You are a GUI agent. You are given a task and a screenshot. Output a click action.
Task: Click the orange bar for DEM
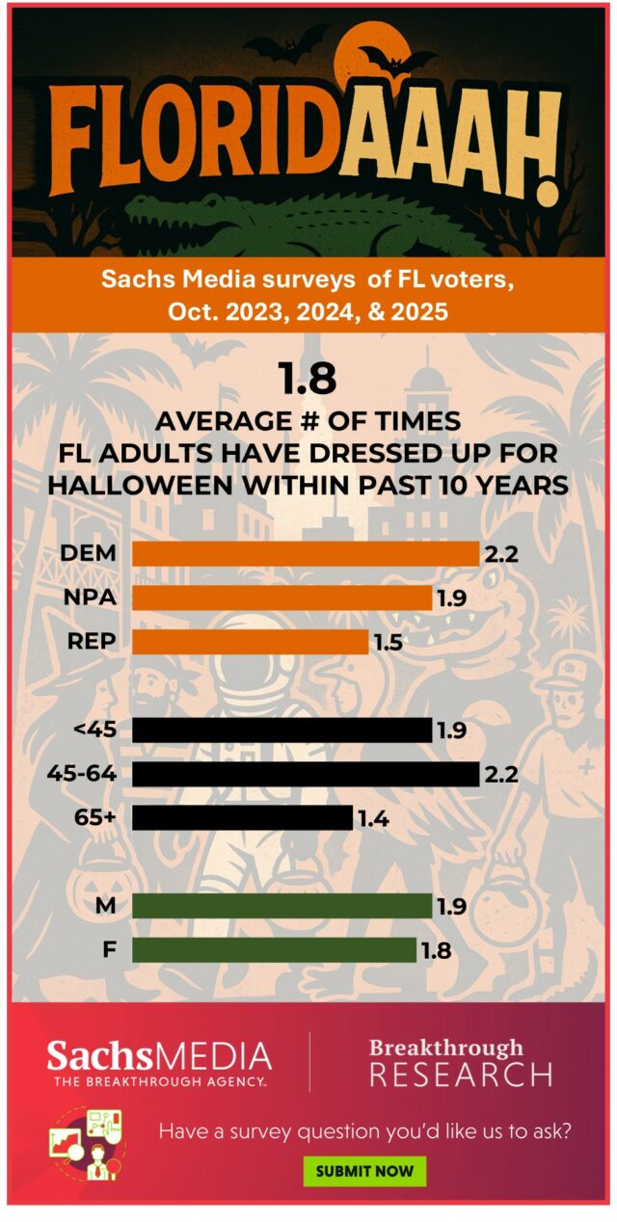(305, 553)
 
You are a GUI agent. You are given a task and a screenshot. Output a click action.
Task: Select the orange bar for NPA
(282, 598)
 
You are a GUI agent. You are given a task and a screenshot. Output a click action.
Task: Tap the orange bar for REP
(250, 642)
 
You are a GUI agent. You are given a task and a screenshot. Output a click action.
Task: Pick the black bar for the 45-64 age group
(305, 774)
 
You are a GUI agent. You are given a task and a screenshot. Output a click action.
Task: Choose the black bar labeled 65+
(242, 818)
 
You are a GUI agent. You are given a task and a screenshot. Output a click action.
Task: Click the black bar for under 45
(282, 730)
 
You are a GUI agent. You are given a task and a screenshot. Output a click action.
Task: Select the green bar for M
(282, 906)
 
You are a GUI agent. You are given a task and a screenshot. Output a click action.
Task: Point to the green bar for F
(274, 950)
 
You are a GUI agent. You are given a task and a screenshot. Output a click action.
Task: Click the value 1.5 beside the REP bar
(388, 643)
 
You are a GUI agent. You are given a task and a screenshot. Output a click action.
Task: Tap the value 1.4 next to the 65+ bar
(372, 819)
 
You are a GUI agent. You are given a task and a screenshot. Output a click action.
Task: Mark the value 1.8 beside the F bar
(436, 951)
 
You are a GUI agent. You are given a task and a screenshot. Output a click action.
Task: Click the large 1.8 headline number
(308, 379)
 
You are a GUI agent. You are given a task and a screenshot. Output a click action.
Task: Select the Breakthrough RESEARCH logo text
(461, 1061)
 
